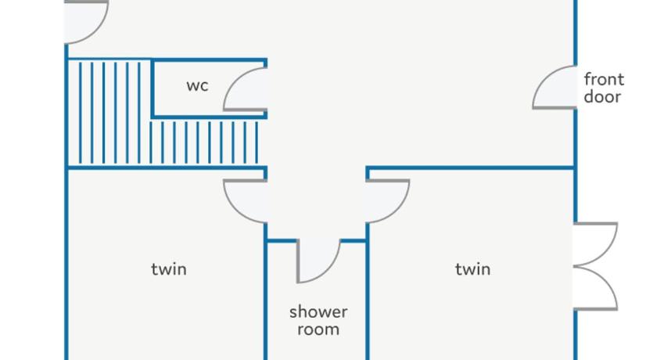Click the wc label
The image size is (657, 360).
(197, 86)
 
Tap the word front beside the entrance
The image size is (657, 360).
(604, 79)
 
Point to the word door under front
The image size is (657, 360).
(602, 97)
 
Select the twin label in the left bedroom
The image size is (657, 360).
(169, 269)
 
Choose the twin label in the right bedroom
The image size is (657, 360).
(473, 269)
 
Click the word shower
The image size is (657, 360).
(318, 311)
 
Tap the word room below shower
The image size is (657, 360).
(318, 329)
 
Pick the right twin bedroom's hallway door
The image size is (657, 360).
(386, 200)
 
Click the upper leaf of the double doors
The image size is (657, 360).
(596, 244)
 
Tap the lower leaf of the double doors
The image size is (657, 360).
(596, 288)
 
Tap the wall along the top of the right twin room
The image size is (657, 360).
(469, 167)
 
